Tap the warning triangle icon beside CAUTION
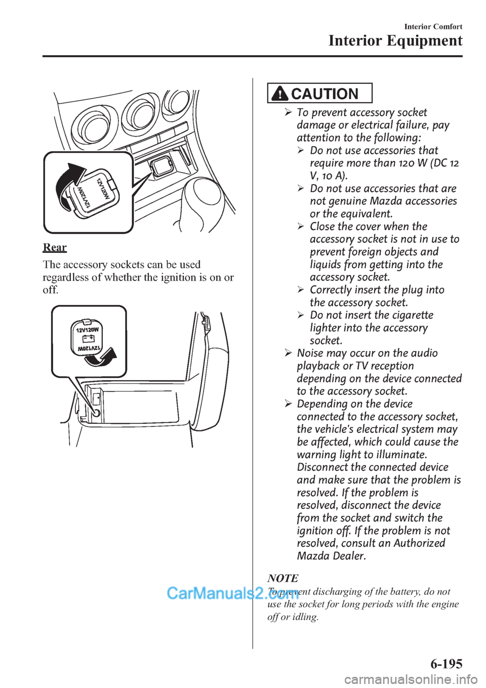280,94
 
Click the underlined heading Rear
55,247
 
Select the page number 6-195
447,663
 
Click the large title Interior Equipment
395,41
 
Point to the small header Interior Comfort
433,26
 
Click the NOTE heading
282,578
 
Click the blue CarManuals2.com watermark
233,592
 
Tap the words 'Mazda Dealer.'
331,556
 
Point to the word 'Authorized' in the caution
419,543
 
